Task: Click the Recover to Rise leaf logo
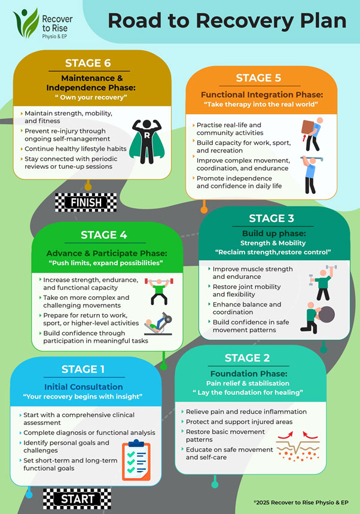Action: (x=26, y=23)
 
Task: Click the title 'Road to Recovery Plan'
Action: (x=227, y=21)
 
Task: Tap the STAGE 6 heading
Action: (x=88, y=63)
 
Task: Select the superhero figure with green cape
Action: (x=147, y=142)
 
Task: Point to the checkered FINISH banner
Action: (x=86, y=202)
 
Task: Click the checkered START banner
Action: (x=77, y=499)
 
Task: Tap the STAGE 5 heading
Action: (x=258, y=78)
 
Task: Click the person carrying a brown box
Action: (x=312, y=134)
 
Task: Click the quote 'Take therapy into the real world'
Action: (x=261, y=104)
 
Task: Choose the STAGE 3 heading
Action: (x=271, y=218)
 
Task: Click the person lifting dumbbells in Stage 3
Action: (x=323, y=282)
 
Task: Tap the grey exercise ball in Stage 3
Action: (x=327, y=314)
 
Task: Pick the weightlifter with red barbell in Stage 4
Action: (x=159, y=291)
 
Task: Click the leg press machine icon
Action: (x=158, y=324)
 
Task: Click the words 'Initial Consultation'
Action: (x=84, y=387)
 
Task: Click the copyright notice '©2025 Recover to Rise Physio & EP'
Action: (x=301, y=502)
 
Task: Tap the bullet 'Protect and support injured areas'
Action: (x=239, y=422)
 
